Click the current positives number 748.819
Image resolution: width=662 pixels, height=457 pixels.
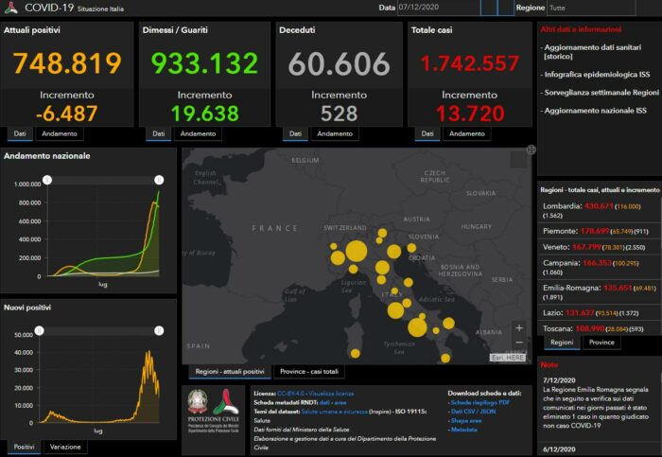coord(67,63)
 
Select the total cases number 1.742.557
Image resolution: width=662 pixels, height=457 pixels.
coord(470,63)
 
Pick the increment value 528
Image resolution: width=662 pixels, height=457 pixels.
coord(339,113)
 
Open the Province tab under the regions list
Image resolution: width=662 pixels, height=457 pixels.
coord(601,342)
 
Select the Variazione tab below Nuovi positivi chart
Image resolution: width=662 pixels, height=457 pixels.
coord(64,447)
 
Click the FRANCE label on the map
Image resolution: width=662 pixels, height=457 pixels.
coord(275,228)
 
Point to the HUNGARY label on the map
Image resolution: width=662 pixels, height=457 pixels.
coord(478,227)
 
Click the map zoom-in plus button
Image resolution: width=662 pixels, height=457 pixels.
coord(518,328)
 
